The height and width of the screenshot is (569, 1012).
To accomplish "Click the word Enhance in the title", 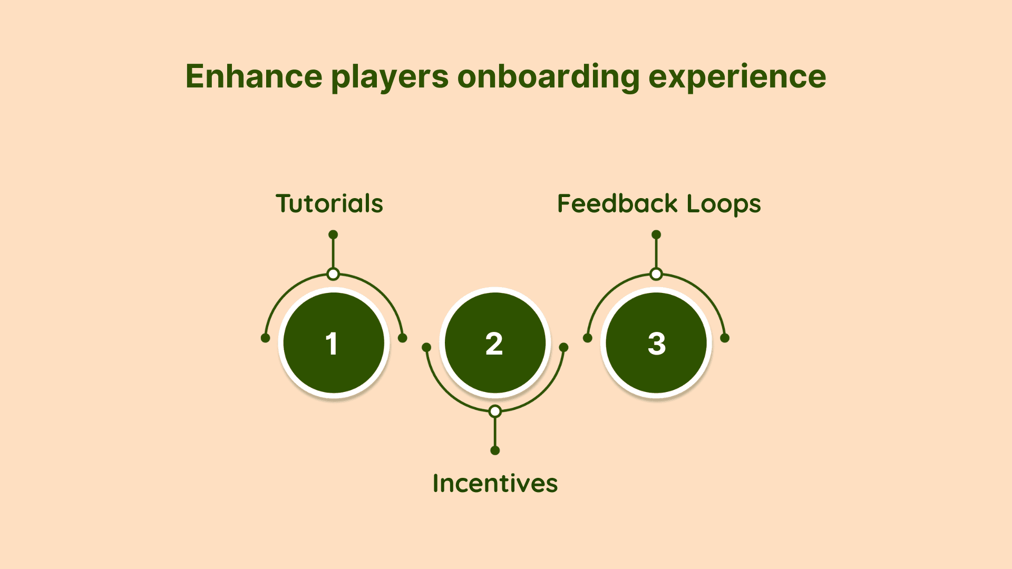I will coord(254,76).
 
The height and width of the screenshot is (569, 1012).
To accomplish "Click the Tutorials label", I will coord(329,203).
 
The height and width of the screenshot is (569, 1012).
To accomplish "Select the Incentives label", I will coord(495,483).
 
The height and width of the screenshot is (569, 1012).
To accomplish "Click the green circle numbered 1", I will coord(334,343).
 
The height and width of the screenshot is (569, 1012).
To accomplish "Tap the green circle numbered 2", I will coord(495,343).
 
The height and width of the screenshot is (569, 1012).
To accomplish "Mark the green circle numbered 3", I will coord(656,343).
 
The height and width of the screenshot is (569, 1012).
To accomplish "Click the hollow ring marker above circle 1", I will coord(333,274).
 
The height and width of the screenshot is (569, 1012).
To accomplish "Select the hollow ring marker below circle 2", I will coord(495,411).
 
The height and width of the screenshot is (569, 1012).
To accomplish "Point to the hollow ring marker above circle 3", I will coord(656,274).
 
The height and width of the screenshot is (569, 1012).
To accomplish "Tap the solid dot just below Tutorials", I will coord(333,234).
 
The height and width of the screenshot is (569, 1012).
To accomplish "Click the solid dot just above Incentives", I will coord(495,450).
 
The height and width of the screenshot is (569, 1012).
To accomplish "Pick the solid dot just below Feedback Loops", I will coord(656,234).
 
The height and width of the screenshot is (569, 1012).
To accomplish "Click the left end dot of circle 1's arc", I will coord(266,338).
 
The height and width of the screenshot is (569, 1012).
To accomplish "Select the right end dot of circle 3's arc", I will coord(725,338).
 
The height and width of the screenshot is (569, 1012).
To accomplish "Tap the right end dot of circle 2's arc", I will coord(563,347).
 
